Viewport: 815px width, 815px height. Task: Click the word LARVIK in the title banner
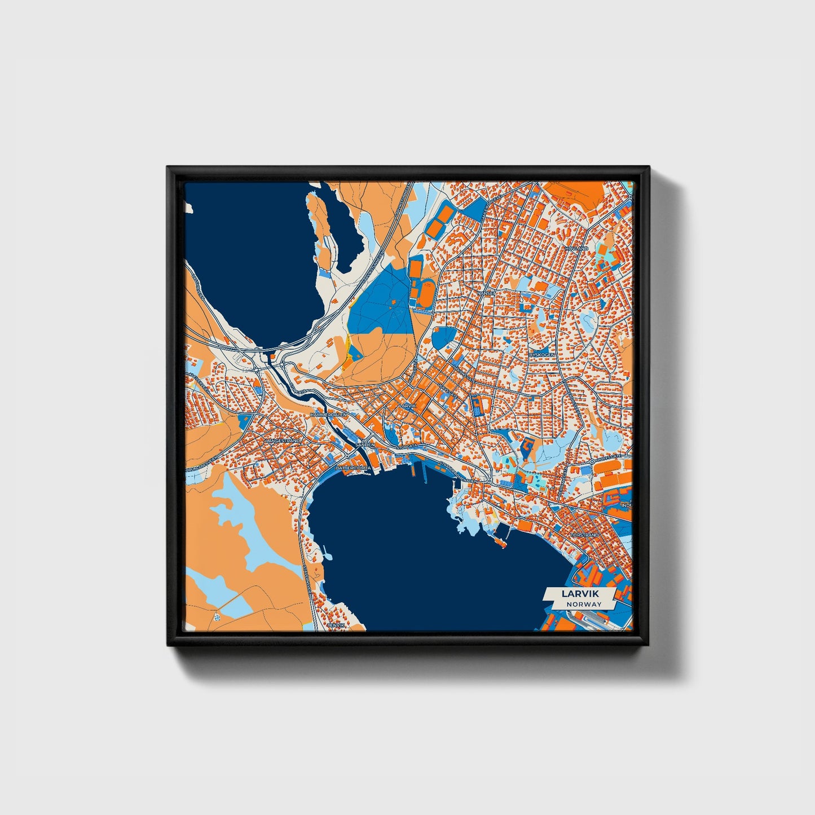(580, 594)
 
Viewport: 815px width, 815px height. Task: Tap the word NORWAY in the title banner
(584, 604)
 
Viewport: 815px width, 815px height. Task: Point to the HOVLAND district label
(576, 248)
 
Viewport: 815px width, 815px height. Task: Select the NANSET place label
(486, 293)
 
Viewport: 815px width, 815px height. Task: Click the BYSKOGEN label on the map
(542, 354)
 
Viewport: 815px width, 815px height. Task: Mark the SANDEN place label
(365, 445)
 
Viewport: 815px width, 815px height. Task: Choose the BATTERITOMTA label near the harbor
(353, 468)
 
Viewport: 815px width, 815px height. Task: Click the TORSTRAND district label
(584, 535)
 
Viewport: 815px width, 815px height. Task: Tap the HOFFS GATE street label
(609, 457)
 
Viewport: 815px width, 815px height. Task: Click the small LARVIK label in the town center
(407, 406)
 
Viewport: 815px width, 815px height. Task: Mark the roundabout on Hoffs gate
(591, 461)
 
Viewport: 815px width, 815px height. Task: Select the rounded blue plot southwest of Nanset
(443, 337)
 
